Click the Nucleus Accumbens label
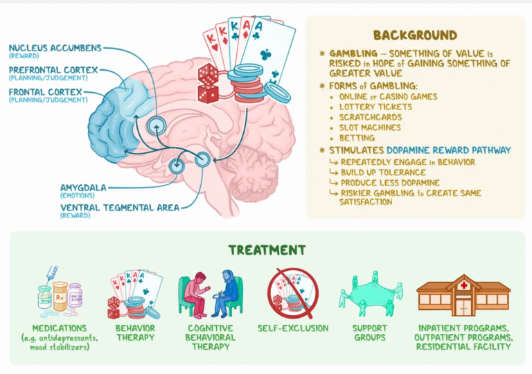point(55,48)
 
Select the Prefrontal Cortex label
point(53,70)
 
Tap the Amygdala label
point(81,186)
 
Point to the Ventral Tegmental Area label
point(118,207)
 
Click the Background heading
point(415,35)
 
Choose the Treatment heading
point(267,249)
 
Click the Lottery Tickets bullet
point(375,107)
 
